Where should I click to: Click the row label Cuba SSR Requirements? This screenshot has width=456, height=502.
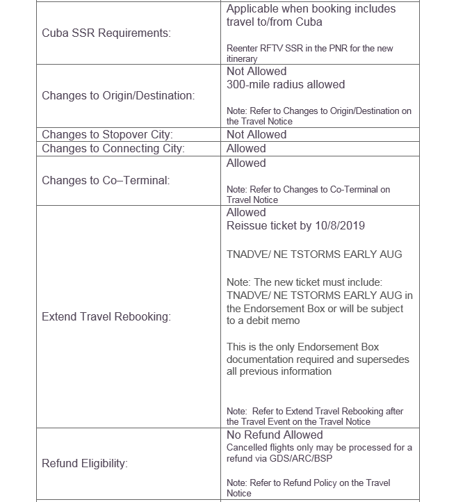(106, 33)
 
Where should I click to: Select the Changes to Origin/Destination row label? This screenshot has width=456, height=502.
(118, 95)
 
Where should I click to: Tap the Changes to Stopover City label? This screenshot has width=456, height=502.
(107, 135)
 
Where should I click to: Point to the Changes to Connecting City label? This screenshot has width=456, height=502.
(113, 148)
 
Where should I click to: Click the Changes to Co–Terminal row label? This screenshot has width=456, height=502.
(105, 180)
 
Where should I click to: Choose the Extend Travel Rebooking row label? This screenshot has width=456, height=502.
(106, 316)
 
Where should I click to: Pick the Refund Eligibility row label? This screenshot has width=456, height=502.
(85, 463)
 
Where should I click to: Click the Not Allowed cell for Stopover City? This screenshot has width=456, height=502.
(256, 135)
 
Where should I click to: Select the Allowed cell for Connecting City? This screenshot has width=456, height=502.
(246, 148)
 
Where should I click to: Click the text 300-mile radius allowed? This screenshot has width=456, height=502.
(285, 84)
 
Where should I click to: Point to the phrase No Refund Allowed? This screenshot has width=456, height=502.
(275, 435)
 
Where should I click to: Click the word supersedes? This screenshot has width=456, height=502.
(384, 359)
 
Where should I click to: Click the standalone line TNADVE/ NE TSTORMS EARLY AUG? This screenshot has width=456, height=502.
(314, 254)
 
